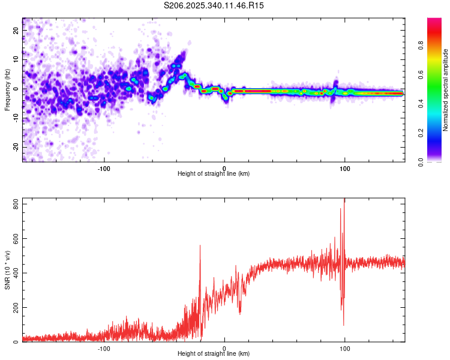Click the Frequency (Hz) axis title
[x=7, y=90]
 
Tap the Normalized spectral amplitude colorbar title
[x=446, y=90]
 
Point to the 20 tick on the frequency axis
[x=16, y=30]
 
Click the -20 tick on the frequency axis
[x=15, y=147]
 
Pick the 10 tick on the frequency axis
[x=16, y=59]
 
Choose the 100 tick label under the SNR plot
[x=345, y=348]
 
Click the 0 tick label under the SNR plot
[x=224, y=348]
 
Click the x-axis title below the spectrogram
[x=214, y=174]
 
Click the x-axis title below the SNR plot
[x=214, y=354]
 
